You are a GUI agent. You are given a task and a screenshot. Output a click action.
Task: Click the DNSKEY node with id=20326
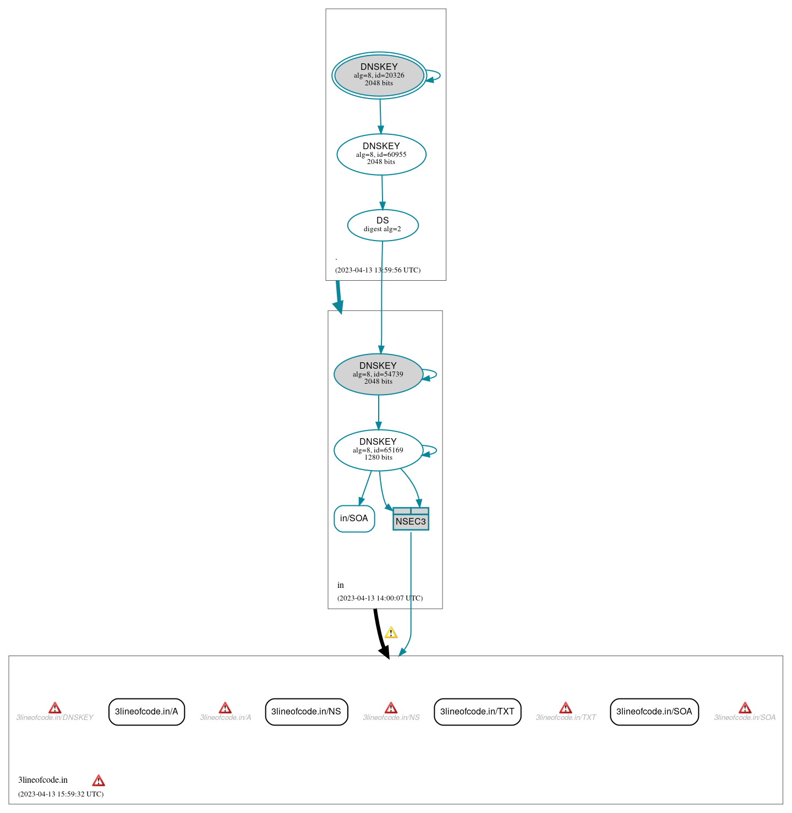point(379,75)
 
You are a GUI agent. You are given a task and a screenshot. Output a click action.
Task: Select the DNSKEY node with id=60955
point(381,154)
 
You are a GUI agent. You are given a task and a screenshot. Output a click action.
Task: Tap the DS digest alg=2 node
point(383,225)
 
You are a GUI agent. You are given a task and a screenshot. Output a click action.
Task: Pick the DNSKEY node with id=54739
point(379,374)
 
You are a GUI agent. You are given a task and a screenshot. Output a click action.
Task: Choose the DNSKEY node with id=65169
point(379,450)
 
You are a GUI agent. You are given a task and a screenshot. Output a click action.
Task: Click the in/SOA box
point(354,519)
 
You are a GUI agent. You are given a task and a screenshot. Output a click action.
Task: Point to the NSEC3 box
point(411,519)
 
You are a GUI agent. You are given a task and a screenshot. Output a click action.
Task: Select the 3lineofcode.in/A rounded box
point(146,712)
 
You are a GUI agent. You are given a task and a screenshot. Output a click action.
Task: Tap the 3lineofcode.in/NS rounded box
point(307,712)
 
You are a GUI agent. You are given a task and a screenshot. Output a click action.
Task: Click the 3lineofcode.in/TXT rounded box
point(477,712)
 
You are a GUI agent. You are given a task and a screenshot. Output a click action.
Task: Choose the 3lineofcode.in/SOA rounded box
point(654,712)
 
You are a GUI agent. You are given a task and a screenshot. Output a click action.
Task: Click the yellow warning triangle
point(391,632)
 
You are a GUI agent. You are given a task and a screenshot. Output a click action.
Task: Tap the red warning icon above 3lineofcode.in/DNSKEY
point(54,708)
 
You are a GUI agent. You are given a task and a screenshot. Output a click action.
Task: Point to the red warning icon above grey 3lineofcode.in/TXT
point(566,708)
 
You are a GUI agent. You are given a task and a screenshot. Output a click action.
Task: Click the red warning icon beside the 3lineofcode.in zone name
point(99,781)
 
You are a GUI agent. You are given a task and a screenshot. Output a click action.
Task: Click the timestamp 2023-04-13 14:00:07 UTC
point(380,598)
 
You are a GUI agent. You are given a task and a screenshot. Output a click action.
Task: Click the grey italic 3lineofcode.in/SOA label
point(744,718)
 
